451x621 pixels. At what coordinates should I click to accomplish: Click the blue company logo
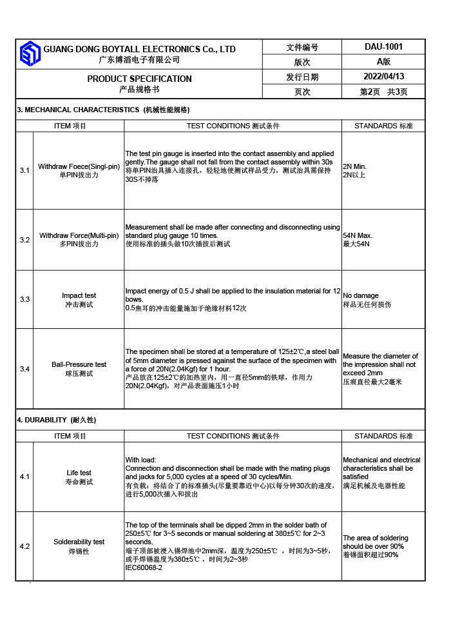click(x=30, y=54)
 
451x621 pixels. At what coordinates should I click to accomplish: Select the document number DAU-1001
click(x=383, y=46)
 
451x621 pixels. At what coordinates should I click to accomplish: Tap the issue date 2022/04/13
click(x=383, y=77)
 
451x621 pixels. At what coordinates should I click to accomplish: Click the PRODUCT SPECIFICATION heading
click(x=139, y=79)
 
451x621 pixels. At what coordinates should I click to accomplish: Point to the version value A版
click(x=383, y=62)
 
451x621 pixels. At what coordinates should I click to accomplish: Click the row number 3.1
click(x=24, y=170)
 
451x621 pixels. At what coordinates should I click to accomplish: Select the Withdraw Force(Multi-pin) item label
click(x=79, y=235)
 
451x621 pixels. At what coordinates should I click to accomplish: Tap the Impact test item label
click(x=79, y=295)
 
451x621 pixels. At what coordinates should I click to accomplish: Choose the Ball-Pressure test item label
click(x=79, y=364)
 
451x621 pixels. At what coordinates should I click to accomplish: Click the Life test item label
click(x=79, y=473)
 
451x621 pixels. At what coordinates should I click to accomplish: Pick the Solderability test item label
click(x=79, y=542)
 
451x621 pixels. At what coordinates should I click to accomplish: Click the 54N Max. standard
click(x=358, y=235)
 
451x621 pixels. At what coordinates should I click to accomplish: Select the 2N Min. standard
click(x=355, y=166)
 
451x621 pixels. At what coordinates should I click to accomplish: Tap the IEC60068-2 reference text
click(x=144, y=567)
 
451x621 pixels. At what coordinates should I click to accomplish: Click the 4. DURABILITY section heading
click(x=56, y=420)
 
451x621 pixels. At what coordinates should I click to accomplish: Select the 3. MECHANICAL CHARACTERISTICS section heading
click(x=103, y=110)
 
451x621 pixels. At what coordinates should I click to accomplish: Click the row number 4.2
click(x=24, y=546)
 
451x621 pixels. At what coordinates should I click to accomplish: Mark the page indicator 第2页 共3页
click(x=383, y=92)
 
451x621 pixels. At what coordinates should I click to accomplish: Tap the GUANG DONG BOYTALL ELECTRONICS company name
click(x=139, y=49)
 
